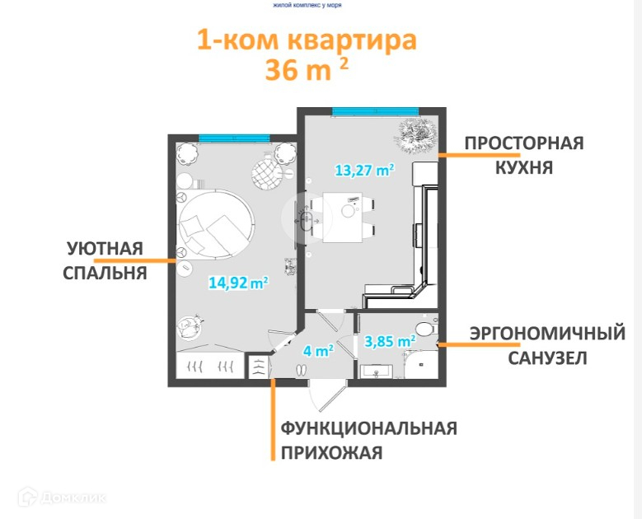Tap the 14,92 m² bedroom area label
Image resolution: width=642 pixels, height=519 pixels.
238,283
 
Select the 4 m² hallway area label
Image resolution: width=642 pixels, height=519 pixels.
317,350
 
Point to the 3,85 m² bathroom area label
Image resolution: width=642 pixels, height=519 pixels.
389,340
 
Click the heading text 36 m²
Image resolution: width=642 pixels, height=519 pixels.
306,68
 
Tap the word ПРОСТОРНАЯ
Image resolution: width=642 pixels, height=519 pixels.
523,143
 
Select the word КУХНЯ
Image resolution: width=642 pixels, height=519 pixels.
523,167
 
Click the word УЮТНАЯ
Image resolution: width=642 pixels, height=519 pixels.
105,248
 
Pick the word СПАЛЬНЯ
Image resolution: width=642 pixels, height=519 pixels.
105,272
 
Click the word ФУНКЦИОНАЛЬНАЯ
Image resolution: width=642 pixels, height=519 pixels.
368,428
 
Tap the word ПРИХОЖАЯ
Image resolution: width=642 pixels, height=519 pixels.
331,452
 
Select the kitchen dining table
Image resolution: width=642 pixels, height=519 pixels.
344,217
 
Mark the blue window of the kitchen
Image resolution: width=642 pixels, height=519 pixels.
374,111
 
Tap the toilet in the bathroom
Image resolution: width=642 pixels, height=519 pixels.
424,329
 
